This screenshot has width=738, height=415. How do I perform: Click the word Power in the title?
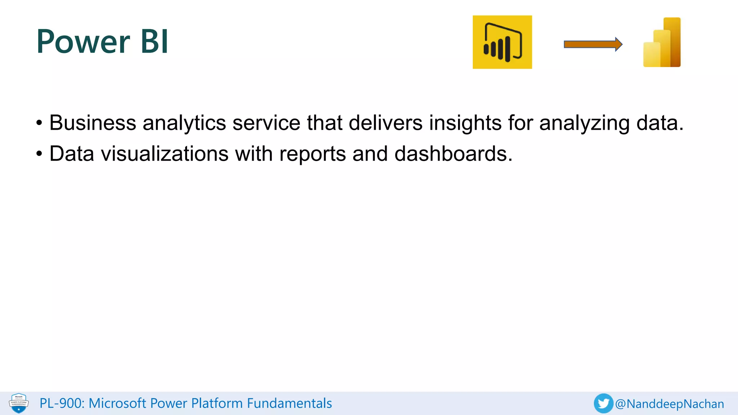coord(83,42)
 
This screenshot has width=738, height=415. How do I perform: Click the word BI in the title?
coord(154,42)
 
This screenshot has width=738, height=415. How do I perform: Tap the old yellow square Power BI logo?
coord(502,42)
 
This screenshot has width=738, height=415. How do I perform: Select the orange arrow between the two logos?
coord(593,44)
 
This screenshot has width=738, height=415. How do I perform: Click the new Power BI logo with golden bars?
coord(662,43)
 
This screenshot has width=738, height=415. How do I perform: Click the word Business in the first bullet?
coord(93,123)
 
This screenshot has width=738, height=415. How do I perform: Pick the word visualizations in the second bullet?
coord(165,154)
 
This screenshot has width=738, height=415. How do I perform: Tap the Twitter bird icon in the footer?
coord(603,403)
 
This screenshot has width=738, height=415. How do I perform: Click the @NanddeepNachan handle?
coord(670,404)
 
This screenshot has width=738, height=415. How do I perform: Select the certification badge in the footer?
coord(19,403)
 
